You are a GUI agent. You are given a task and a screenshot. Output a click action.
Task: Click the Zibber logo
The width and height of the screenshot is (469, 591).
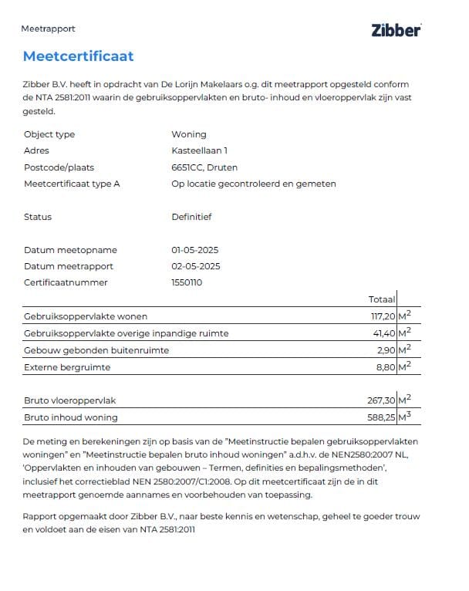coord(396,30)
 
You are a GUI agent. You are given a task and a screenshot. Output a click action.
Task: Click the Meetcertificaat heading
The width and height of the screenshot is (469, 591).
coord(78,56)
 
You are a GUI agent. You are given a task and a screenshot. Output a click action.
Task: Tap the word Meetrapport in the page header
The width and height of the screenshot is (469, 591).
coord(48,29)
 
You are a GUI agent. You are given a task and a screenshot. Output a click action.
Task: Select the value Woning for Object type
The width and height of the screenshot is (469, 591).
coord(189,134)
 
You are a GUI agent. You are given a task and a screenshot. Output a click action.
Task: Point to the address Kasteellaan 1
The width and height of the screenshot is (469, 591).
coord(199,150)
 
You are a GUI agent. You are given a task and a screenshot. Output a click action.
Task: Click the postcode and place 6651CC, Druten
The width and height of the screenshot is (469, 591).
coord(204,167)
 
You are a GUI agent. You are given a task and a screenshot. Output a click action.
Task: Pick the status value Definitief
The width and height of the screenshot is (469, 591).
coord(191,217)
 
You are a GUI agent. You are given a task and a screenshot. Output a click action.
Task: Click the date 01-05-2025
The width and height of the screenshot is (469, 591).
coord(195,250)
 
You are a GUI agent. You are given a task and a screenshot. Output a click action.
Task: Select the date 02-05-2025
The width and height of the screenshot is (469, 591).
coord(195,266)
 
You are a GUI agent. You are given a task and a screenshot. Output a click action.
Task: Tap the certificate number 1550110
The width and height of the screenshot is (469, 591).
coord(187,282)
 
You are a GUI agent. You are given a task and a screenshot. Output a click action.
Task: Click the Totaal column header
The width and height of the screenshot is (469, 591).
coord(382,299)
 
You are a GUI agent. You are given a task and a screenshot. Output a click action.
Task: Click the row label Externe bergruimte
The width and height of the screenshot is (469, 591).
coord(63,366)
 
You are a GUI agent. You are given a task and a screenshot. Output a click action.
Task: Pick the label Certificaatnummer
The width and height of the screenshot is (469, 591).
coord(66,282)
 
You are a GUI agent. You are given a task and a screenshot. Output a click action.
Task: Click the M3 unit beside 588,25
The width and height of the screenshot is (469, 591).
coord(404,417)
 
